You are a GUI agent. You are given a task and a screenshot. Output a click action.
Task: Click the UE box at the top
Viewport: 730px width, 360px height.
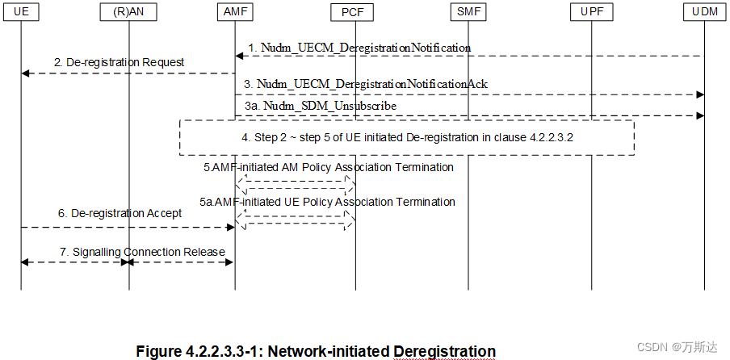click(21, 11)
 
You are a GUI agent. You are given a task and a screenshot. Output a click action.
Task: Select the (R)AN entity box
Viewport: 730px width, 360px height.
click(128, 11)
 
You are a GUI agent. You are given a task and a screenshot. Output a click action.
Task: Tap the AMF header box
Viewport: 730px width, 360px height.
click(234, 11)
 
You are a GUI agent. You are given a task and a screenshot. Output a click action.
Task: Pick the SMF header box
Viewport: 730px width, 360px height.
click(468, 11)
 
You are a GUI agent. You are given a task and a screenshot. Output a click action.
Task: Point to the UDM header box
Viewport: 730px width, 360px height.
click(703, 11)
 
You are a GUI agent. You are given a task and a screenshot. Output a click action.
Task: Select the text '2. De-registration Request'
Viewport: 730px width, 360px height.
click(120, 62)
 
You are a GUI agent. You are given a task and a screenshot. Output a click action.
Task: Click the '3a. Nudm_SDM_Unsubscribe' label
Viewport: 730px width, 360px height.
click(321, 106)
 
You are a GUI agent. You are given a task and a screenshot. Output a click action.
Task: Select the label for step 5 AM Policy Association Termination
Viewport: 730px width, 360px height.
click(328, 167)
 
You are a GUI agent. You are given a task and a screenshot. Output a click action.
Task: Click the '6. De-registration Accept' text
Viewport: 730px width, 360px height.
click(120, 214)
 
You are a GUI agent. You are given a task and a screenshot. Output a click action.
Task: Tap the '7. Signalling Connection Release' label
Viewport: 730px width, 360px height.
click(142, 252)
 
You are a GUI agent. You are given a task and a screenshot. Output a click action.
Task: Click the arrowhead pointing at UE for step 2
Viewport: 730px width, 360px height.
click(26, 73)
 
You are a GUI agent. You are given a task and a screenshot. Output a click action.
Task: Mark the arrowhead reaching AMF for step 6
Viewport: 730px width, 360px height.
click(229, 227)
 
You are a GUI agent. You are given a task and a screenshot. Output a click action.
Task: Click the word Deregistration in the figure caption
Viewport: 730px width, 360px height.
click(444, 351)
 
